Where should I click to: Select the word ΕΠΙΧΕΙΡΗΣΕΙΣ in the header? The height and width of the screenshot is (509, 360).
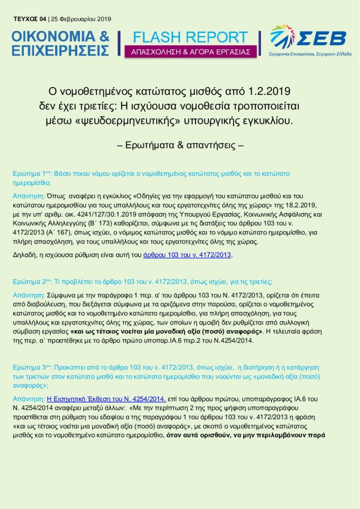click(60, 51)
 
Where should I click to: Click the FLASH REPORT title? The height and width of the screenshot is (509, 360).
click(190, 37)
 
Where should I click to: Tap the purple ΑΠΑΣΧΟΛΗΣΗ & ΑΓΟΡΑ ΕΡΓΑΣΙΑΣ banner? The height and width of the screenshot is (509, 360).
click(190, 52)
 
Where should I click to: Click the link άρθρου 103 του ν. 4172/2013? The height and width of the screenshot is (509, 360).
click(187, 255)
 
